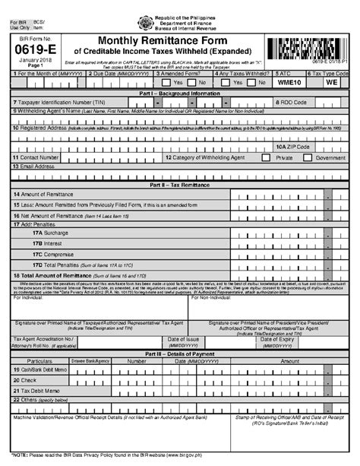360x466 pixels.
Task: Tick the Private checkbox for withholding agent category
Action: [265, 158]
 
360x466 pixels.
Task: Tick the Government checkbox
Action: [308, 158]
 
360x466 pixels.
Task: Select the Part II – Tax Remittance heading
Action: [180, 185]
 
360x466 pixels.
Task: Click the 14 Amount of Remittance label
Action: [46, 195]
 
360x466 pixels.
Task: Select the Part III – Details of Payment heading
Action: [180, 353]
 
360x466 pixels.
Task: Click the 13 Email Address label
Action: [34, 166]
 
